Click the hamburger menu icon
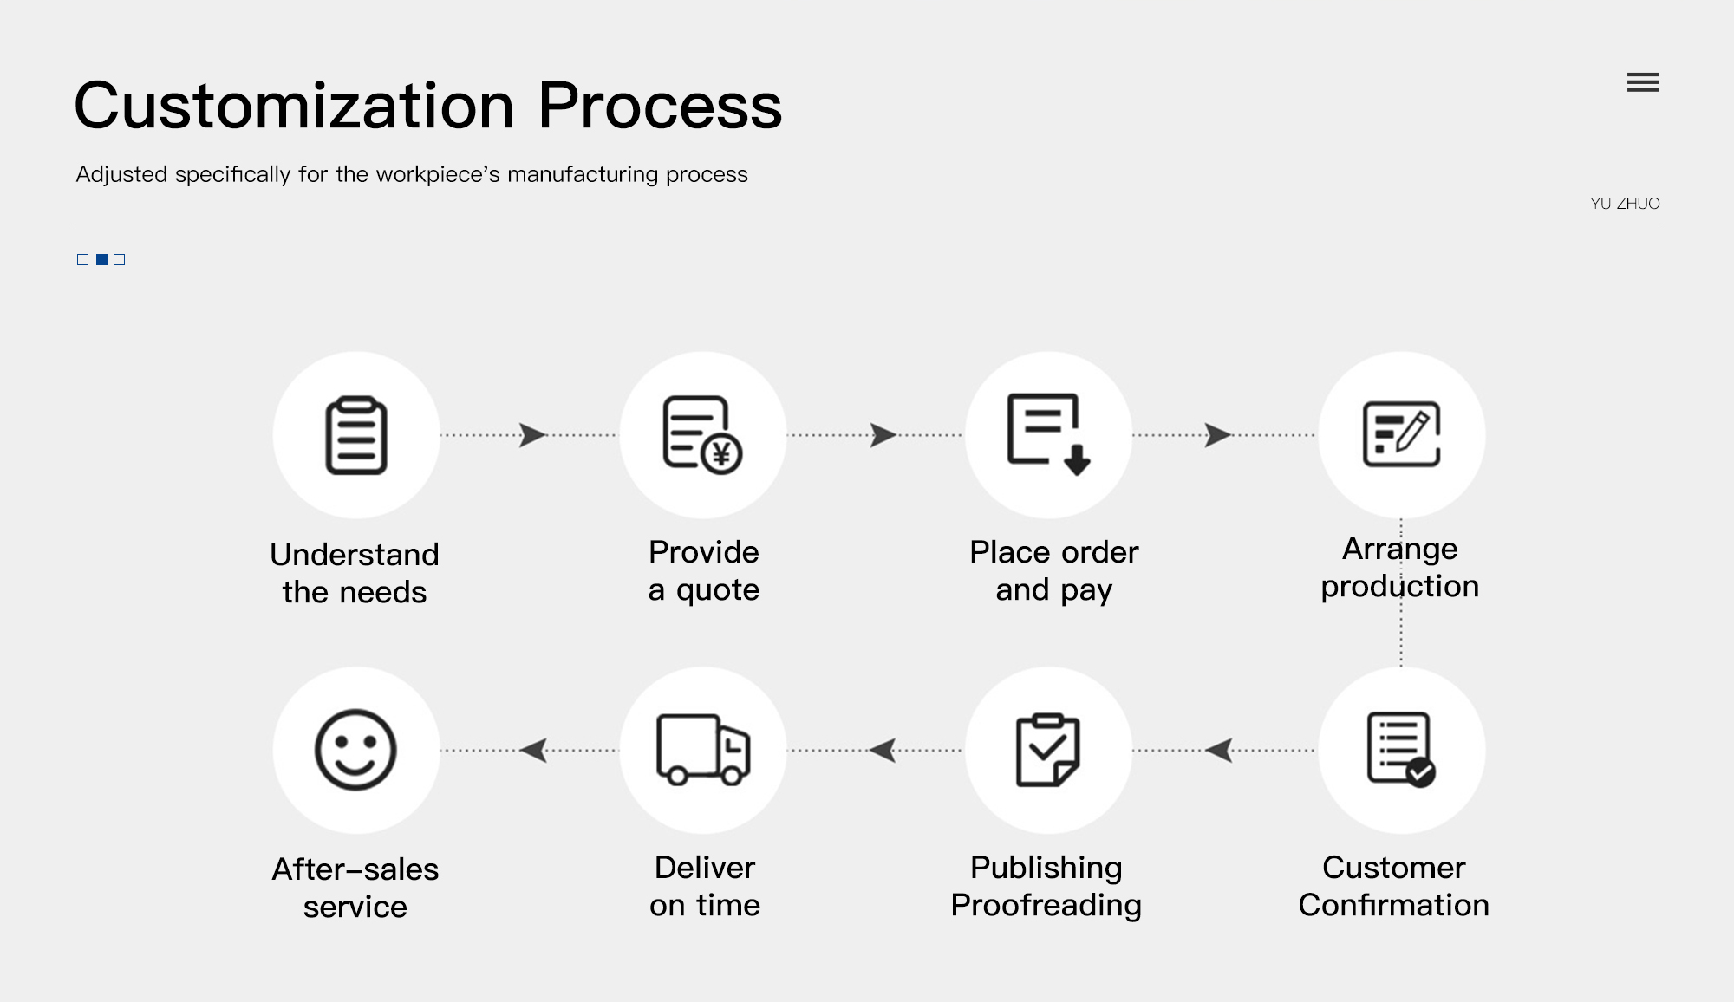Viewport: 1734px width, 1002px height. pos(1643,82)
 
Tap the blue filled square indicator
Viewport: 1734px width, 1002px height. pos(101,259)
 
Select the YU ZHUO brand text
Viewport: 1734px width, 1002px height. pos(1625,204)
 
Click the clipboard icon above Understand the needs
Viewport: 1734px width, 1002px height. pos(356,435)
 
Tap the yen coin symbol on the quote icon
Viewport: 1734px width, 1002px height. pos(721,452)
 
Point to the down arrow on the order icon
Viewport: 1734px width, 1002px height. pos(1077,459)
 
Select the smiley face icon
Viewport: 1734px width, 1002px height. pos(355,750)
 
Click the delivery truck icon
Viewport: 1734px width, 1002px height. pos(703,750)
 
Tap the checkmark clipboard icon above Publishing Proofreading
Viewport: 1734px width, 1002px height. pos(1047,750)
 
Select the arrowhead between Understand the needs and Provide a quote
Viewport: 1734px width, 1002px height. pos(532,434)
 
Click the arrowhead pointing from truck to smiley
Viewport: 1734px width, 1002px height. pos(533,750)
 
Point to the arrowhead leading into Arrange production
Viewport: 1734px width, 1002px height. pos(1218,434)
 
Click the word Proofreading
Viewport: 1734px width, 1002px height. pos(1046,905)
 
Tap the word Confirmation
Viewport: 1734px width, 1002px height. pos(1393,905)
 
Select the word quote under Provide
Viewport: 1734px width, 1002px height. pos(718,590)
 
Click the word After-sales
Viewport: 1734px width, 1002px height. pos(355,869)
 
